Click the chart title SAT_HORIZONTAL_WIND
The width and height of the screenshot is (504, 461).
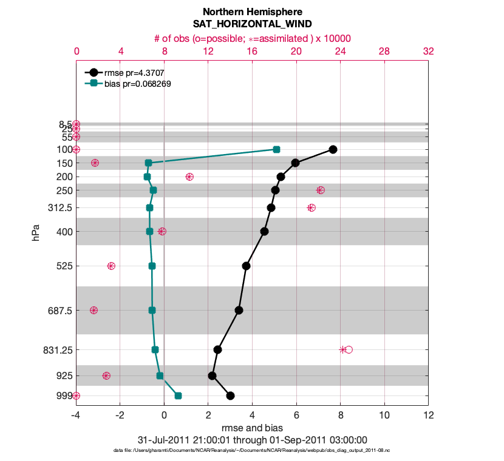coord(252,24)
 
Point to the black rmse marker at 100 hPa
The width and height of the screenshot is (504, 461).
coord(333,149)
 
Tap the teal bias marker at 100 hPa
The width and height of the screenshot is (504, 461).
coord(276,149)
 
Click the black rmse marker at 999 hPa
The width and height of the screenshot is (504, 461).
coord(230,395)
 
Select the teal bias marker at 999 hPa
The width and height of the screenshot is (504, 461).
coord(178,395)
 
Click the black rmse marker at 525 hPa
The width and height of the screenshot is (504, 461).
coord(246,266)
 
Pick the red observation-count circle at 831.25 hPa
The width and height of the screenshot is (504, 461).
coord(349,349)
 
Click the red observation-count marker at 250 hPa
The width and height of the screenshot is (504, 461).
coord(321,190)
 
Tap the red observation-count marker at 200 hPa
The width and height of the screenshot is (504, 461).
coord(189,177)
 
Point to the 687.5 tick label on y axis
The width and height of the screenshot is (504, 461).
coord(60,310)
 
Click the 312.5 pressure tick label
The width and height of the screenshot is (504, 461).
coord(60,207)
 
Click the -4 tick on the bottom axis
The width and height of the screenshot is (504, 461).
coord(76,416)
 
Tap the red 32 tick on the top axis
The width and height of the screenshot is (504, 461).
coord(428,52)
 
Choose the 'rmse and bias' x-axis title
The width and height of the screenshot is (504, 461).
coord(252,428)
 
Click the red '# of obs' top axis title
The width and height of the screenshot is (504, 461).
coord(252,38)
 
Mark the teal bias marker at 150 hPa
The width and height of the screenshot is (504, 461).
coord(148,163)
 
